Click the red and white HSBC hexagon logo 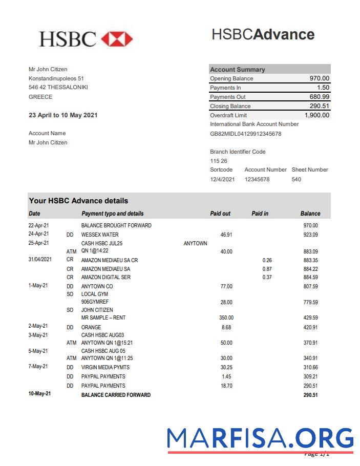pos(117,39)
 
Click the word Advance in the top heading pos(284,34)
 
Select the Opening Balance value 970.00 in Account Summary pos(319,78)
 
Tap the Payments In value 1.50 pos(323,88)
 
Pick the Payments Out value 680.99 pos(319,97)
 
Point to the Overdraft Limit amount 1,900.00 pos(316,115)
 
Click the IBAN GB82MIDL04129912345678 pos(245,134)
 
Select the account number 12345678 pos(257,179)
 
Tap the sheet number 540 pos(296,179)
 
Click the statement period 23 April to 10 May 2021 pos(63,115)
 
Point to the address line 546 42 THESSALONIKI pos(58,88)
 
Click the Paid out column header pos(220,214)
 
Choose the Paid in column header pos(260,214)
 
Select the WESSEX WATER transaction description pos(100,235)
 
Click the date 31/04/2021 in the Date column pos(40,260)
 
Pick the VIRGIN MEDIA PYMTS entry pos(105,367)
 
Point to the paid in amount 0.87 pos(267,269)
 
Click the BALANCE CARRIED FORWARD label pos(116,395)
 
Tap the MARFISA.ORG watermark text pos(260,438)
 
